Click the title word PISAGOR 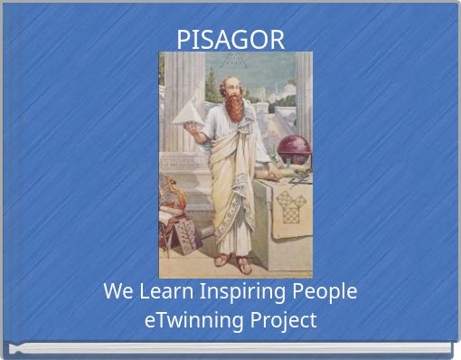pyautogui.click(x=230, y=39)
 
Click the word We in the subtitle pyautogui.click(x=118, y=292)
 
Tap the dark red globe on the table pyautogui.click(x=293, y=148)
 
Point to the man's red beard pyautogui.click(x=234, y=109)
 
